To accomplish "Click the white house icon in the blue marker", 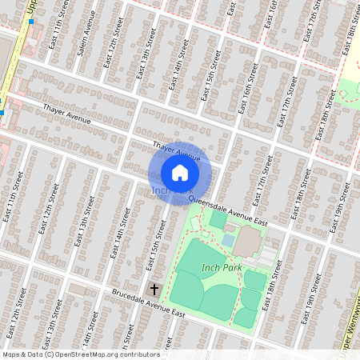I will pyautogui.click(x=180, y=173).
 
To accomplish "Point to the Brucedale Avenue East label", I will pyautogui.click(x=149, y=304).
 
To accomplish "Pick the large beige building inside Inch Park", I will pyautogui.click(x=249, y=239).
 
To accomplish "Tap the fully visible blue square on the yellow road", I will pyautogui.click(x=31, y=22).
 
